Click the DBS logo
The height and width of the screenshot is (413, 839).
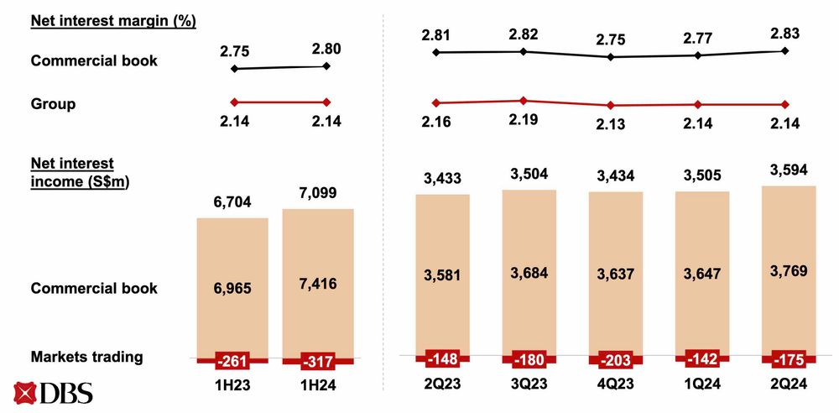coord(53,393)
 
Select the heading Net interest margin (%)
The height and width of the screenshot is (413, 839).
coord(113,21)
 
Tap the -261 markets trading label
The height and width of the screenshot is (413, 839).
coord(232,361)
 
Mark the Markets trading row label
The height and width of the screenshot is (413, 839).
coord(86,357)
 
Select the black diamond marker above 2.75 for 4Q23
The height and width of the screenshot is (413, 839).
coord(611,57)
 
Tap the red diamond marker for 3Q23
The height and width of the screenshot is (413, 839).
coord(524,101)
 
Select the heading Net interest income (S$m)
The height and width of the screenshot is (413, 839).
coord(83,171)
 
